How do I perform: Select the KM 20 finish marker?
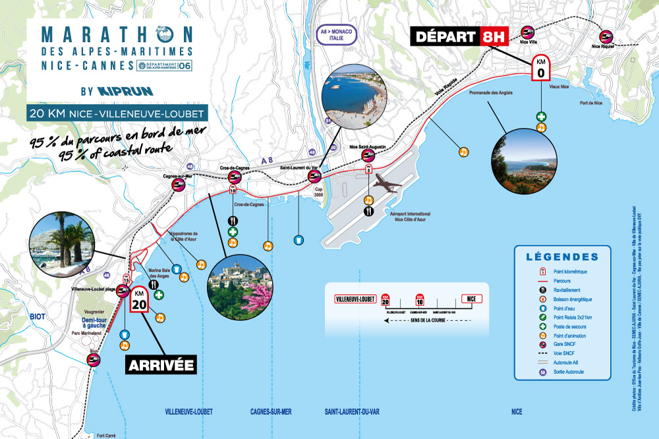click(138, 301)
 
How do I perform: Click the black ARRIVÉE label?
click(161, 364)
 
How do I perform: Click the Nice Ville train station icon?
click(527, 32)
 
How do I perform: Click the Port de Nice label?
click(591, 103)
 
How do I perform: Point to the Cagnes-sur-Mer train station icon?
click(178, 186)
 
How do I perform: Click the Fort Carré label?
click(106, 435)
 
